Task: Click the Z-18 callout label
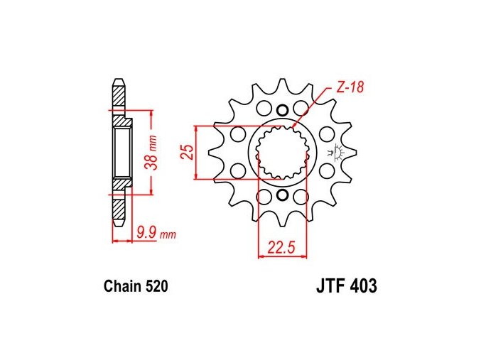(x=350, y=87)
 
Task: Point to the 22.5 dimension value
(x=281, y=247)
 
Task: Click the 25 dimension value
(x=188, y=151)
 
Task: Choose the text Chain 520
(x=136, y=286)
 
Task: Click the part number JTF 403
(x=347, y=286)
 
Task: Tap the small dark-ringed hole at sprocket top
(x=282, y=110)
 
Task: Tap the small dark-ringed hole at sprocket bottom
(x=282, y=195)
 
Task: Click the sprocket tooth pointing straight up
(x=282, y=87)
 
